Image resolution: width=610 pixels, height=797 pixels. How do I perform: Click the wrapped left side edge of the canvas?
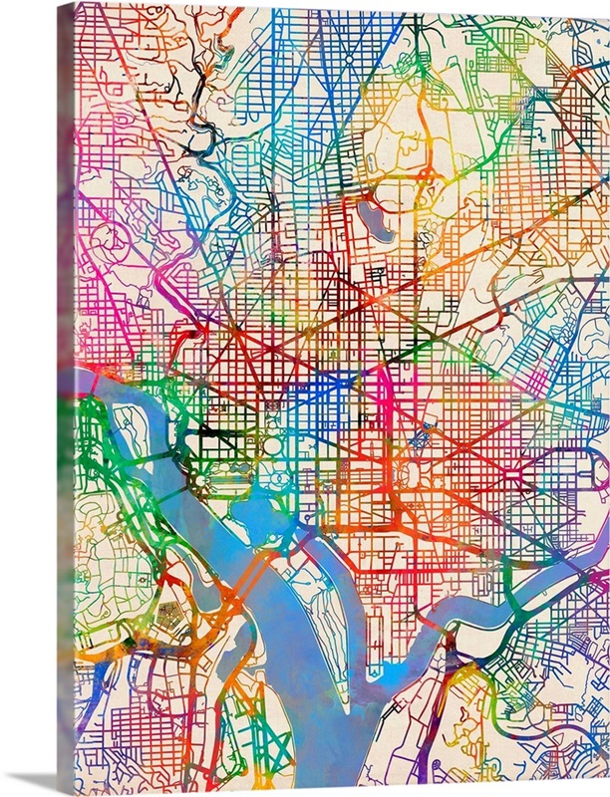[x=65, y=398]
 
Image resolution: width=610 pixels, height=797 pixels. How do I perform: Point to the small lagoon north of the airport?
[x=230, y=658]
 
